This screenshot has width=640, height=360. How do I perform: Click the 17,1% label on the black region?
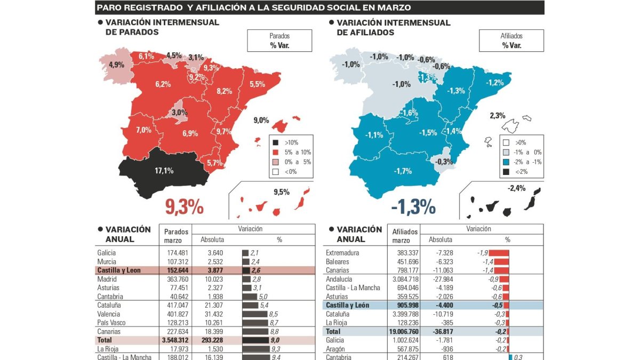164,171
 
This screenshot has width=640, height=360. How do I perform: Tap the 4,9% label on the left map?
116,65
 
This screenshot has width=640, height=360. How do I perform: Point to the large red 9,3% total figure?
184,207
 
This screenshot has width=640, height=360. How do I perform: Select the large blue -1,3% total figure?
413,207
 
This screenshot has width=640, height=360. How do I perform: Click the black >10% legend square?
276,142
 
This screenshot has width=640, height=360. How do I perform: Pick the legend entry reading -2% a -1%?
521,162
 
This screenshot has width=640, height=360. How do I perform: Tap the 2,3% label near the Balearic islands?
498,115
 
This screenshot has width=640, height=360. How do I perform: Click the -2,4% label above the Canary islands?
516,188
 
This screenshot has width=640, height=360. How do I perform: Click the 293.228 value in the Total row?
212,340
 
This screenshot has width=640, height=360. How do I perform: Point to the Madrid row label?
107,279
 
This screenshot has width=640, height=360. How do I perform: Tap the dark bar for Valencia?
254,314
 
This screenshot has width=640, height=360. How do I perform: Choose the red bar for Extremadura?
499,253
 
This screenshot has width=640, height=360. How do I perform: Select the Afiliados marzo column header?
405,236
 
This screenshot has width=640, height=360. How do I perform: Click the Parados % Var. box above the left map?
279,41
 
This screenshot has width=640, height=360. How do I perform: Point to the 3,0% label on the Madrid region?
179,113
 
